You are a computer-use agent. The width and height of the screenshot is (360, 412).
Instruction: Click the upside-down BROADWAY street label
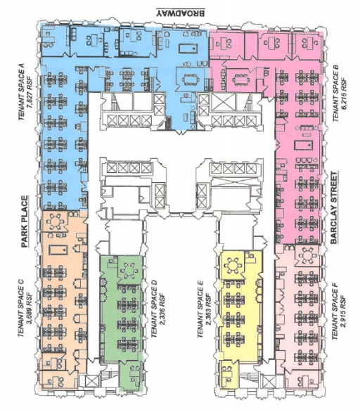[180, 13]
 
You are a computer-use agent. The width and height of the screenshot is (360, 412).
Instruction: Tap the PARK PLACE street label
[25, 221]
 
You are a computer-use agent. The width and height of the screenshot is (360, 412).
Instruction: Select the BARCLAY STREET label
[334, 208]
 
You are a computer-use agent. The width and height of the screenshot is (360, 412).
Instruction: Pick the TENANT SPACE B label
[335, 94]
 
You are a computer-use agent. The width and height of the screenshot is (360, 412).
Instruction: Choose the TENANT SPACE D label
[155, 309]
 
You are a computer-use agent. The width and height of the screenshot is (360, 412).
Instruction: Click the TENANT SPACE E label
[200, 309]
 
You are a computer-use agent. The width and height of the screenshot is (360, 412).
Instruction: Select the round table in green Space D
[129, 271]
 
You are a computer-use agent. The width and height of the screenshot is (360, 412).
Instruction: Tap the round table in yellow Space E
[233, 266]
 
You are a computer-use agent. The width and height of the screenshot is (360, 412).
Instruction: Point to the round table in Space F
[307, 254]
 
